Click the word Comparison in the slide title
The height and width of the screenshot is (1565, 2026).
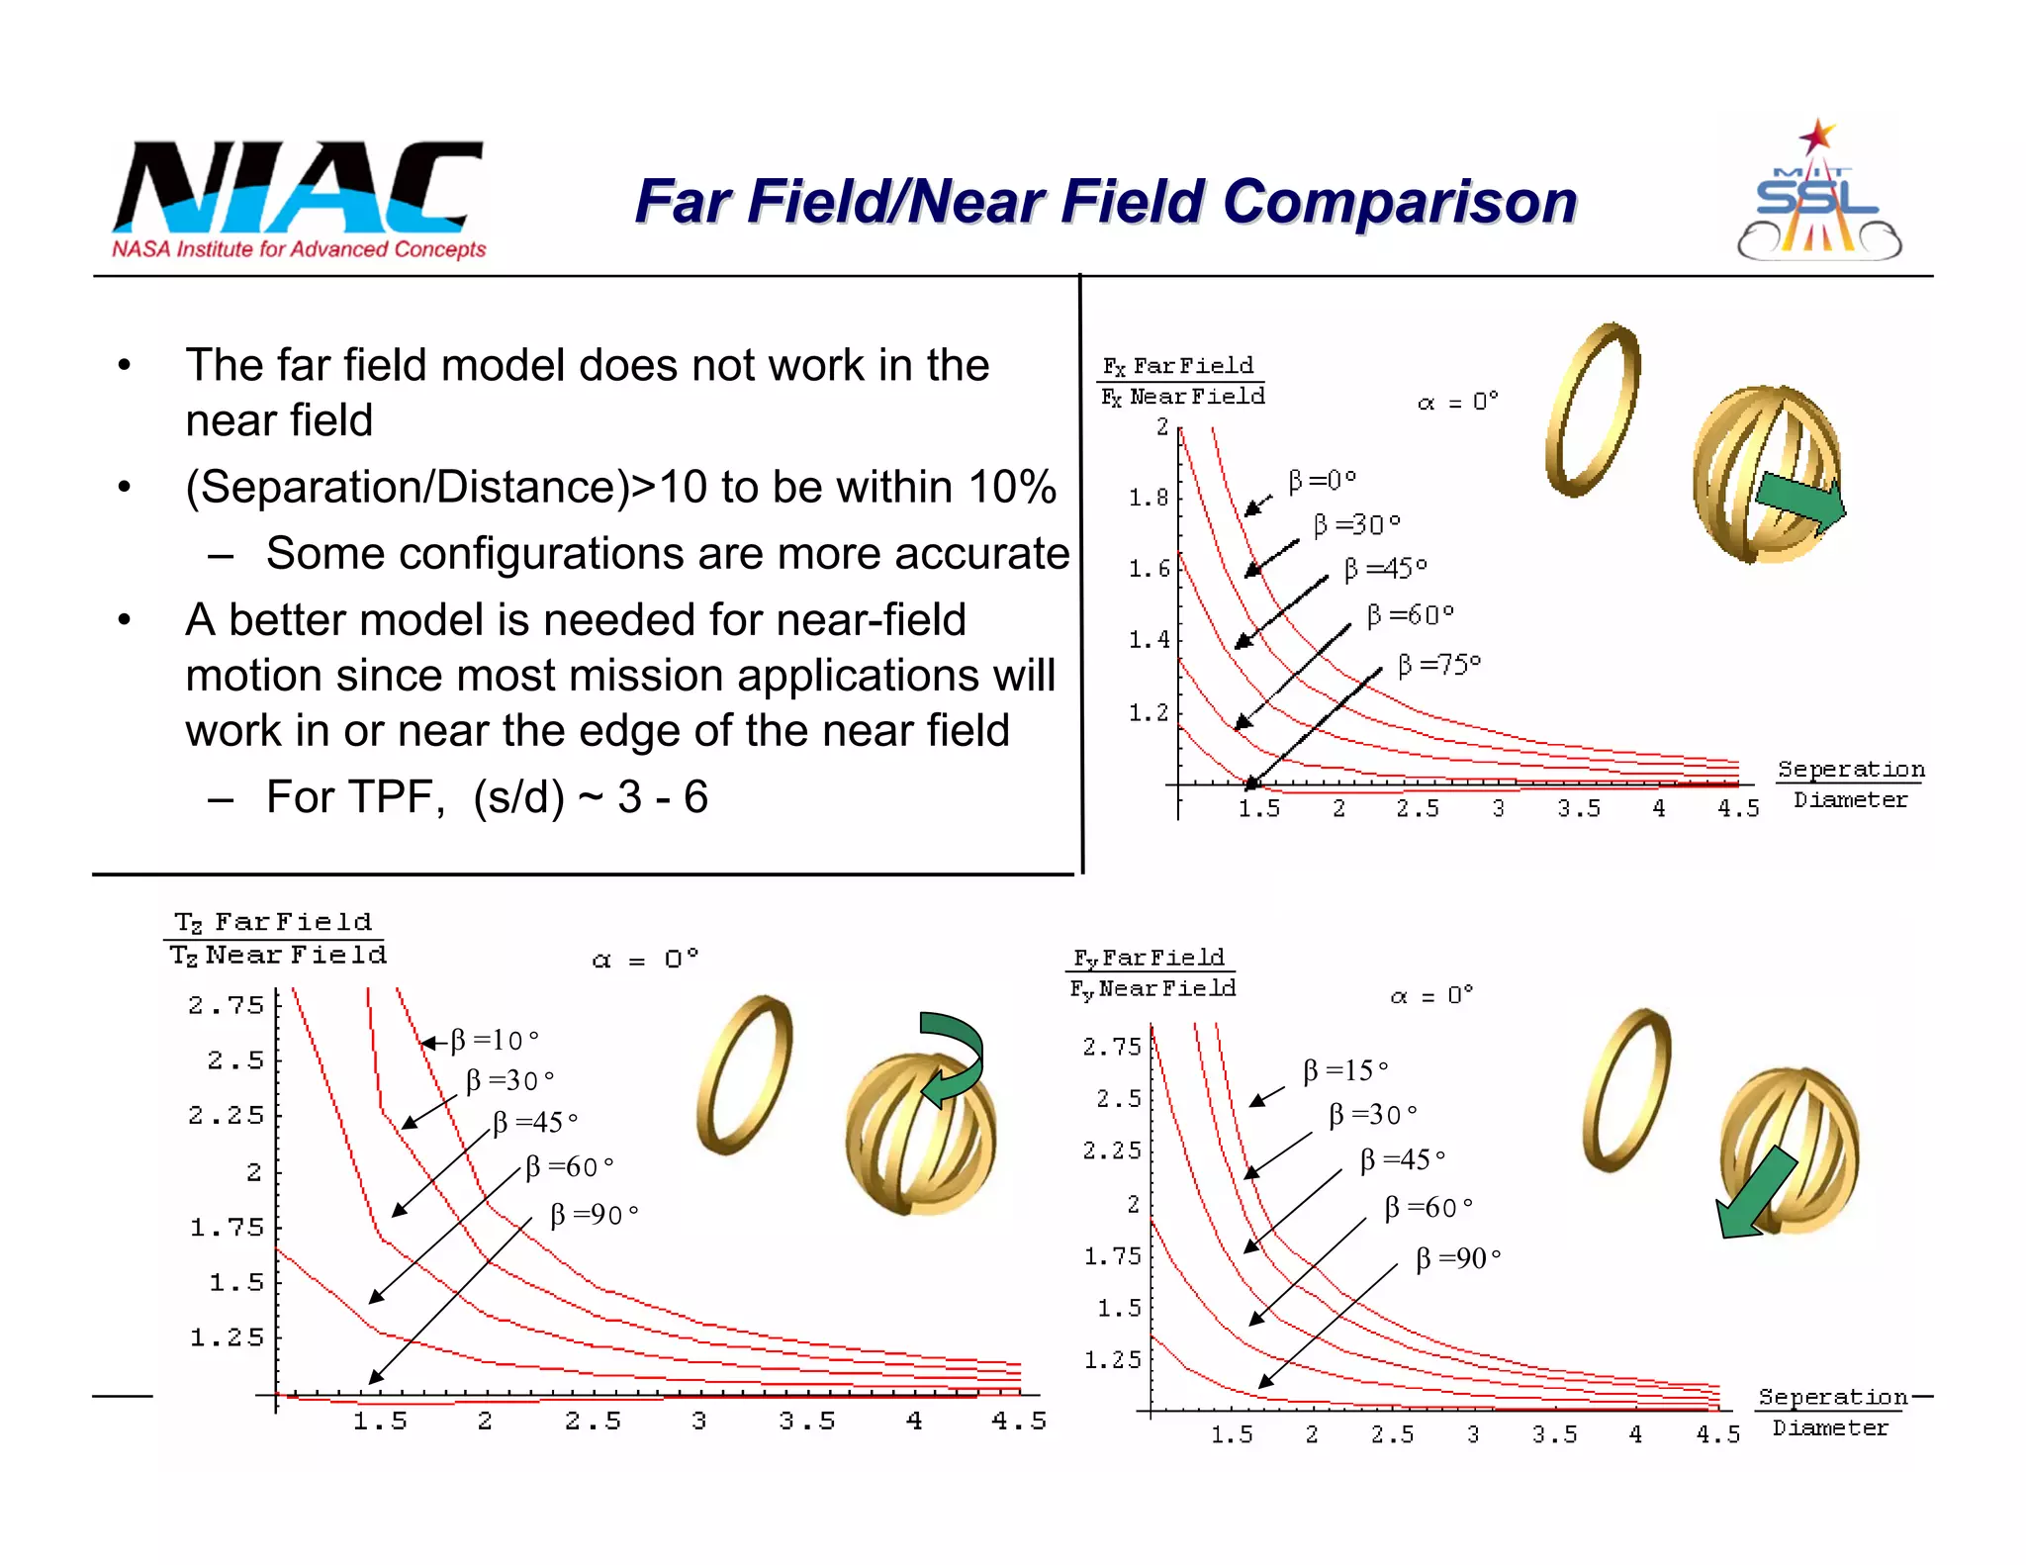[1399, 202]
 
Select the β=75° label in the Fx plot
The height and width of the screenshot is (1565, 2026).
[1438, 665]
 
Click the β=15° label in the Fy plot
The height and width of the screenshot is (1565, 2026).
[1345, 1070]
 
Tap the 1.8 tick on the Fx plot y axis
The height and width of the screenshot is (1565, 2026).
[1149, 498]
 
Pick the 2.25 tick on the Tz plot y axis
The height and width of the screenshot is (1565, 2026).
[227, 1116]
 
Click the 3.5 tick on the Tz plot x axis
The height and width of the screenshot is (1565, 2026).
[806, 1422]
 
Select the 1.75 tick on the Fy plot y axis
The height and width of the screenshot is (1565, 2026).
[1113, 1256]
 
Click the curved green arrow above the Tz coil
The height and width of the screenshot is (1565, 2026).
[951, 1056]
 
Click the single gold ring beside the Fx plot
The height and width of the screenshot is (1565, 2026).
[1592, 409]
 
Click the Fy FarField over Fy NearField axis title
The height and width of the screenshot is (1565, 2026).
[1152, 972]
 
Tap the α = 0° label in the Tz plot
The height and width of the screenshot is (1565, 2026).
[645, 960]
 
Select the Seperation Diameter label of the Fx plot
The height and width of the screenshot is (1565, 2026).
[1850, 783]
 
